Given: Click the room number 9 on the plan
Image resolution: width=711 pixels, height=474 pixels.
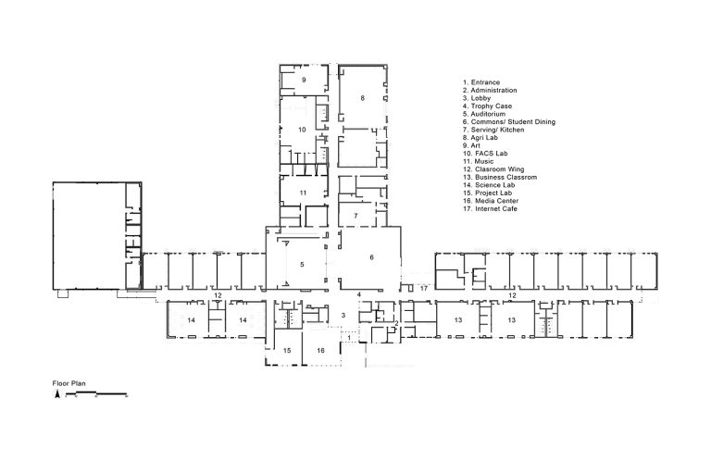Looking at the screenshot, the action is click(x=304, y=80).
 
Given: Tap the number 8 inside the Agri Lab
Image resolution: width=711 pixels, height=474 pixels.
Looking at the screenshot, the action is click(x=362, y=98).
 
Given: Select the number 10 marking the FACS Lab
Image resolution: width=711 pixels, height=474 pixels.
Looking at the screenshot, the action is click(x=302, y=130).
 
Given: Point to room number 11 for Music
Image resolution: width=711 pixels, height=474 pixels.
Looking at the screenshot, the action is click(x=303, y=193).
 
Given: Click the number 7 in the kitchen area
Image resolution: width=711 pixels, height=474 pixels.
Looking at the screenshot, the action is click(x=355, y=216).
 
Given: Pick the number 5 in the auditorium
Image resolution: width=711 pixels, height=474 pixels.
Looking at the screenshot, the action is click(x=302, y=265).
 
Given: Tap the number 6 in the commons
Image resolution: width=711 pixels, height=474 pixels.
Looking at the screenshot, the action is click(x=372, y=257).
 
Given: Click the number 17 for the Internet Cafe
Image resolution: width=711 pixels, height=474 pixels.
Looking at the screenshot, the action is click(x=424, y=289).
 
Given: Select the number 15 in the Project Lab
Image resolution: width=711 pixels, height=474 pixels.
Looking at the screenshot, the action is click(x=287, y=351).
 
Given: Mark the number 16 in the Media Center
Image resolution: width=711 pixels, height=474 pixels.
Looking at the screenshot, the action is click(x=320, y=351).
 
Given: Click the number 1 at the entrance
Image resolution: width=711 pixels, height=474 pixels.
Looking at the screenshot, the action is click(x=349, y=338).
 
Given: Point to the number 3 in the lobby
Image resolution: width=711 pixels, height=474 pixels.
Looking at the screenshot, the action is click(x=343, y=316).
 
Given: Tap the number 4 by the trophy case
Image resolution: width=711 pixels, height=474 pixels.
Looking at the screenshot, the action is click(x=359, y=294).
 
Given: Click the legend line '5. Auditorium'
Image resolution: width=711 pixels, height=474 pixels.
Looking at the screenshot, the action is click(x=484, y=114).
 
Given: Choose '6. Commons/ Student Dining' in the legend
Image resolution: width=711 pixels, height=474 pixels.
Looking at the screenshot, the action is click(x=509, y=122).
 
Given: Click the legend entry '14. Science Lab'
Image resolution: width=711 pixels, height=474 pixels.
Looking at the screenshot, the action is click(x=489, y=185).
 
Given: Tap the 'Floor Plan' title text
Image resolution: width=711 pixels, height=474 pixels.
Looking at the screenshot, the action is click(x=69, y=383).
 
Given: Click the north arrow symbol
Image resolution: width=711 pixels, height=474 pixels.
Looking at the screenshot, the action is click(x=57, y=393).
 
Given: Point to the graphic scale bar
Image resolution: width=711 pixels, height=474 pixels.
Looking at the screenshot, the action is click(x=96, y=394).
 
